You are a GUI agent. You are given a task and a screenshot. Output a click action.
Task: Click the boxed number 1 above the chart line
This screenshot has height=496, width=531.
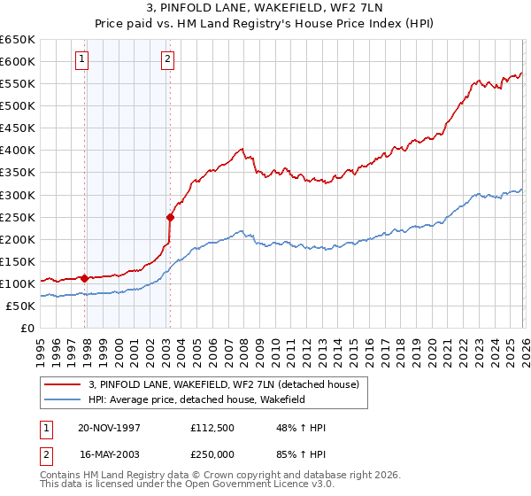tap(81, 59)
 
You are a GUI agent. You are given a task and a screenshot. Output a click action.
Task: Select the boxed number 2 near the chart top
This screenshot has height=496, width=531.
tap(167, 59)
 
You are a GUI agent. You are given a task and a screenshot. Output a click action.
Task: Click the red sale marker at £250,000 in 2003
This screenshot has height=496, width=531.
tap(170, 217)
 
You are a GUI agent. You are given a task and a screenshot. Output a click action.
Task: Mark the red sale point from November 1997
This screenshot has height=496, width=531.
tap(85, 278)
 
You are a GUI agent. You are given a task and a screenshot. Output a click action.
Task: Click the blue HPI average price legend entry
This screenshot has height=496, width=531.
tap(209, 399)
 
